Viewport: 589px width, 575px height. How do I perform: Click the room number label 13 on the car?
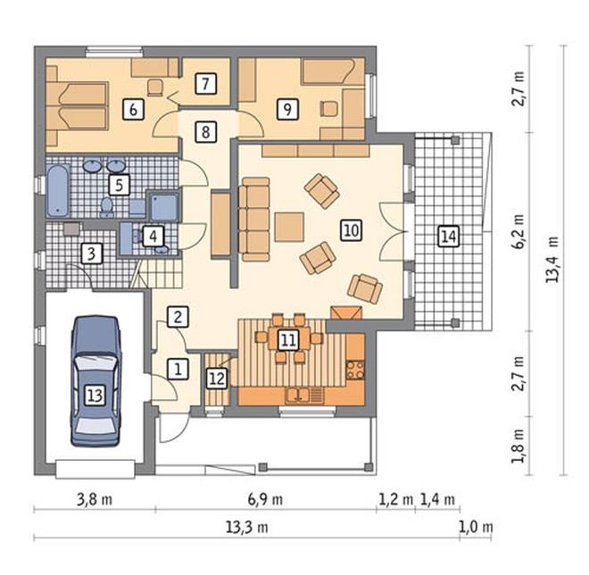pos(95,396)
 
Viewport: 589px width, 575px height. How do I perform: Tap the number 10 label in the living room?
pos(352,229)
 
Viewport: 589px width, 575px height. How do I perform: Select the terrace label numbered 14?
pos(449,237)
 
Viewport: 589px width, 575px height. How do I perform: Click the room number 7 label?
pos(205,83)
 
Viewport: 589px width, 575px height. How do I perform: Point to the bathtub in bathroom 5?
pos(58,190)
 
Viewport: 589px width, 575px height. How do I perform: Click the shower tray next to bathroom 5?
pos(164,206)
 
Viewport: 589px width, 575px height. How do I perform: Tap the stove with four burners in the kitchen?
pos(355,370)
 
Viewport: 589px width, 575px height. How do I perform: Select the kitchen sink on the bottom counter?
pos(298,395)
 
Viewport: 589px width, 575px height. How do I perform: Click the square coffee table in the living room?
pos(289,227)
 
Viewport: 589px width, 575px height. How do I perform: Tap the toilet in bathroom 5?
pos(107,207)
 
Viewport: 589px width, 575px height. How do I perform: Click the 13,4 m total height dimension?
pos(552,260)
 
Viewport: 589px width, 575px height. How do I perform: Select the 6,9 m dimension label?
pos(266,500)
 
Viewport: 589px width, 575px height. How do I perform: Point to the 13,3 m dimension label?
pos(247,528)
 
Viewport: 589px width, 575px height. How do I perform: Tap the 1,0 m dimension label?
pos(476,528)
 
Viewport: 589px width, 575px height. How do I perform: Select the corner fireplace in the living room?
pos(346,312)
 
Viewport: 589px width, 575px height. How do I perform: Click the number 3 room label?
pos(91,254)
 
